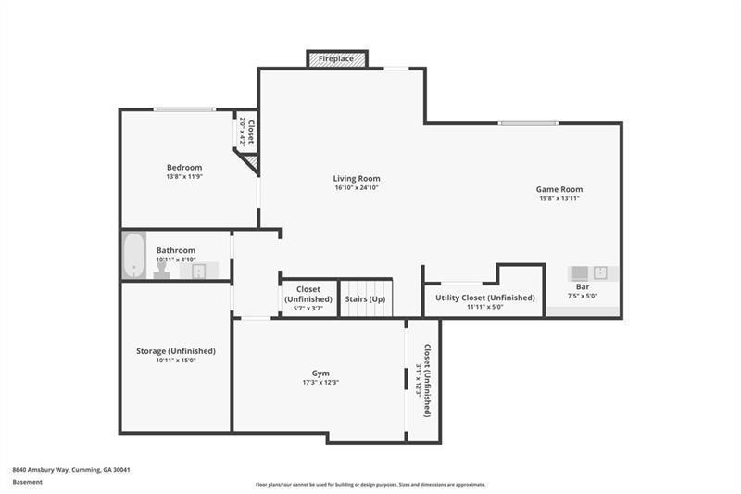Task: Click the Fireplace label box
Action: click(337, 59)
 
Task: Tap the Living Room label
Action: click(357, 179)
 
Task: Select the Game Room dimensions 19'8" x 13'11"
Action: click(559, 198)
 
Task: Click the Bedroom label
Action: click(184, 168)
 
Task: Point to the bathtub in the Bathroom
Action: click(134, 255)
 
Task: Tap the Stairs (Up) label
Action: click(365, 299)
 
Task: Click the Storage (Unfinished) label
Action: click(176, 351)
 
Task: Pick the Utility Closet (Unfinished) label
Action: click(485, 298)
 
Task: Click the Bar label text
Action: click(583, 287)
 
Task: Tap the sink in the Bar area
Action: click(601, 272)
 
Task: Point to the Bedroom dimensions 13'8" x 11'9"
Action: click(184, 177)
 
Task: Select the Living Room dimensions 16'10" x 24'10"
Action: click(357, 188)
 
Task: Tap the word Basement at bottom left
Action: click(27, 482)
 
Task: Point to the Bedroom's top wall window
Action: click(184, 109)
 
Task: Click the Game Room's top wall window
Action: click(528, 123)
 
